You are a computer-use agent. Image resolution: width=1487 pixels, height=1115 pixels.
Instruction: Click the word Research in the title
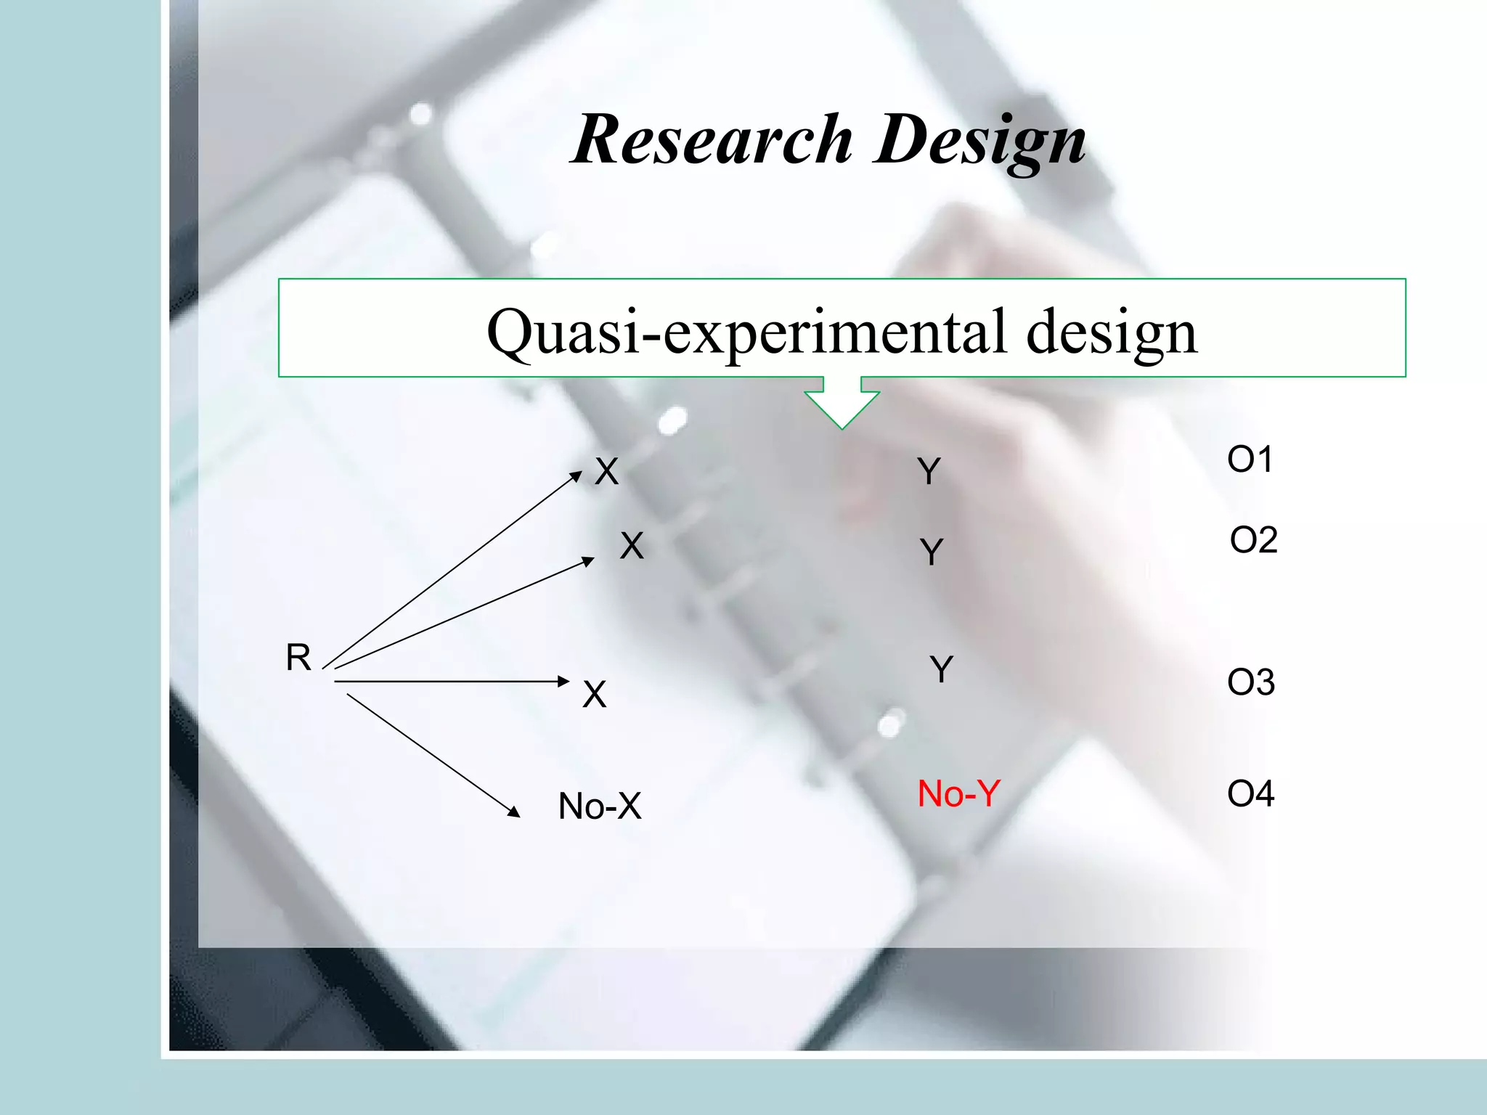coord(712,139)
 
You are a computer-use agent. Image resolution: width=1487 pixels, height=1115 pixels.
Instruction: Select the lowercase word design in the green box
coord(1112,331)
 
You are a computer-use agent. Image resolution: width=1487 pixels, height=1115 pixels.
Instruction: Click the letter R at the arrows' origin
coord(298,658)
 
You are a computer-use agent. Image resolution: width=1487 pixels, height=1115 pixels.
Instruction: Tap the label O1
coord(1250,460)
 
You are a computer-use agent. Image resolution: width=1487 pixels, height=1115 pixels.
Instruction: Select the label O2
coord(1253,540)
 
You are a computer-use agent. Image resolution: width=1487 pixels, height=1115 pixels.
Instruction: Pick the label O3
coord(1250,682)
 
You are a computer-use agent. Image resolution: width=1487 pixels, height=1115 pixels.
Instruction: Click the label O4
coord(1250,793)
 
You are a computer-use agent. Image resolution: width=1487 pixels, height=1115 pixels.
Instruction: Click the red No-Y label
coord(958,793)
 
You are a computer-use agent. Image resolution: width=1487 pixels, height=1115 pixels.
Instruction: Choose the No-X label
coord(600,806)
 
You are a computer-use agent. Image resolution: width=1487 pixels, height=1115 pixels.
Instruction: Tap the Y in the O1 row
coord(929,471)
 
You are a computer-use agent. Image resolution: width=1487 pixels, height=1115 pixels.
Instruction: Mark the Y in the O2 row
coord(932,552)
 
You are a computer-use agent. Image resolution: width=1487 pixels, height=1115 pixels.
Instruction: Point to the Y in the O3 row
coord(942,669)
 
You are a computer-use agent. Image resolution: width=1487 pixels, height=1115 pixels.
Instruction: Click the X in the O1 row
coord(606,471)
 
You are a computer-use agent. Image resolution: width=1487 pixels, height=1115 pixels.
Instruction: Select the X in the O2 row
coord(632,545)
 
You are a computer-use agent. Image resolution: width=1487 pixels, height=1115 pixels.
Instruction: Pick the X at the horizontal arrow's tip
coord(594,694)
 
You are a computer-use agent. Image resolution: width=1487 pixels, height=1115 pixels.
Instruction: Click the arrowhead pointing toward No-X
coord(514,812)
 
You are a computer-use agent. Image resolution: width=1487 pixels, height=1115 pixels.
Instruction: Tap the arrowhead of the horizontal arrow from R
coord(563,681)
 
